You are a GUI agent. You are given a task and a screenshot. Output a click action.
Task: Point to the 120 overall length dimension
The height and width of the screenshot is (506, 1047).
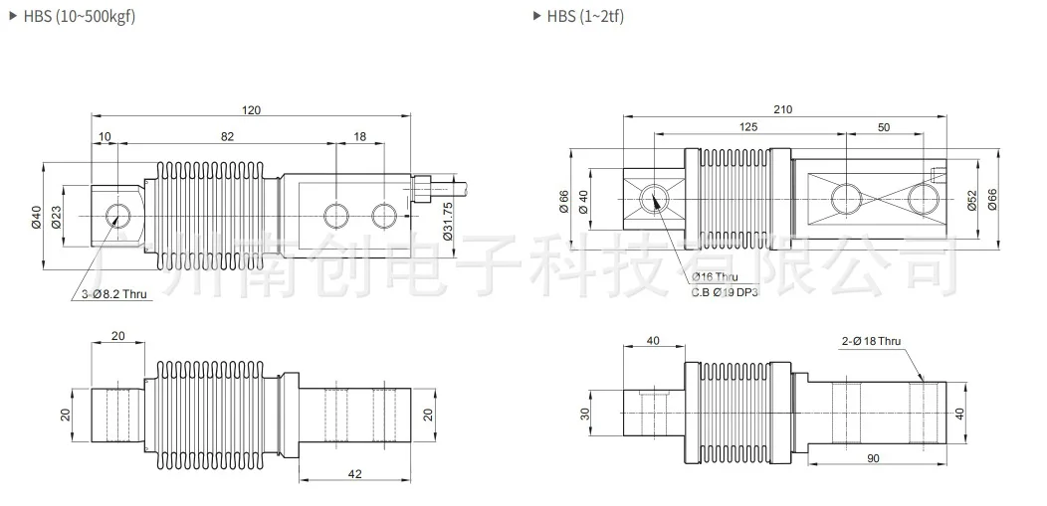(x=251, y=110)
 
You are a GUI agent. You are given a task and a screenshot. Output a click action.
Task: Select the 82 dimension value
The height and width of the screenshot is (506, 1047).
(x=227, y=137)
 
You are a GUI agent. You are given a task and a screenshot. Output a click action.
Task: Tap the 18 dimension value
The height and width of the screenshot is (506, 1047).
(x=359, y=137)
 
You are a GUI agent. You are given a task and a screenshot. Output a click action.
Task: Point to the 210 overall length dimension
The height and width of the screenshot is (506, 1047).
(x=782, y=109)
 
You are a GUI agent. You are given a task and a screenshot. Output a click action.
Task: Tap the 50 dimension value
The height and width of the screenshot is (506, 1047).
(x=884, y=127)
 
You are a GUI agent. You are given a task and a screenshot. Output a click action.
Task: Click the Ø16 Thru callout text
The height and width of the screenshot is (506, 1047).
(x=715, y=277)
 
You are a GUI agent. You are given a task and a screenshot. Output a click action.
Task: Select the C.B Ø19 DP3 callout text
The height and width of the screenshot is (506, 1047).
(x=725, y=292)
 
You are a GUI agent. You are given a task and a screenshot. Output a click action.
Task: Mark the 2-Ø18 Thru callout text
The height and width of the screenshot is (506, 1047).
(x=870, y=341)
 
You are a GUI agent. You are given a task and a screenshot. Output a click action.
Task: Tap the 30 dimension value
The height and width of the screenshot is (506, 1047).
(x=586, y=414)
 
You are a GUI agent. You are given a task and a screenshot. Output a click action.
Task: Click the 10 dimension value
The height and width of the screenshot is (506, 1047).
(x=105, y=137)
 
